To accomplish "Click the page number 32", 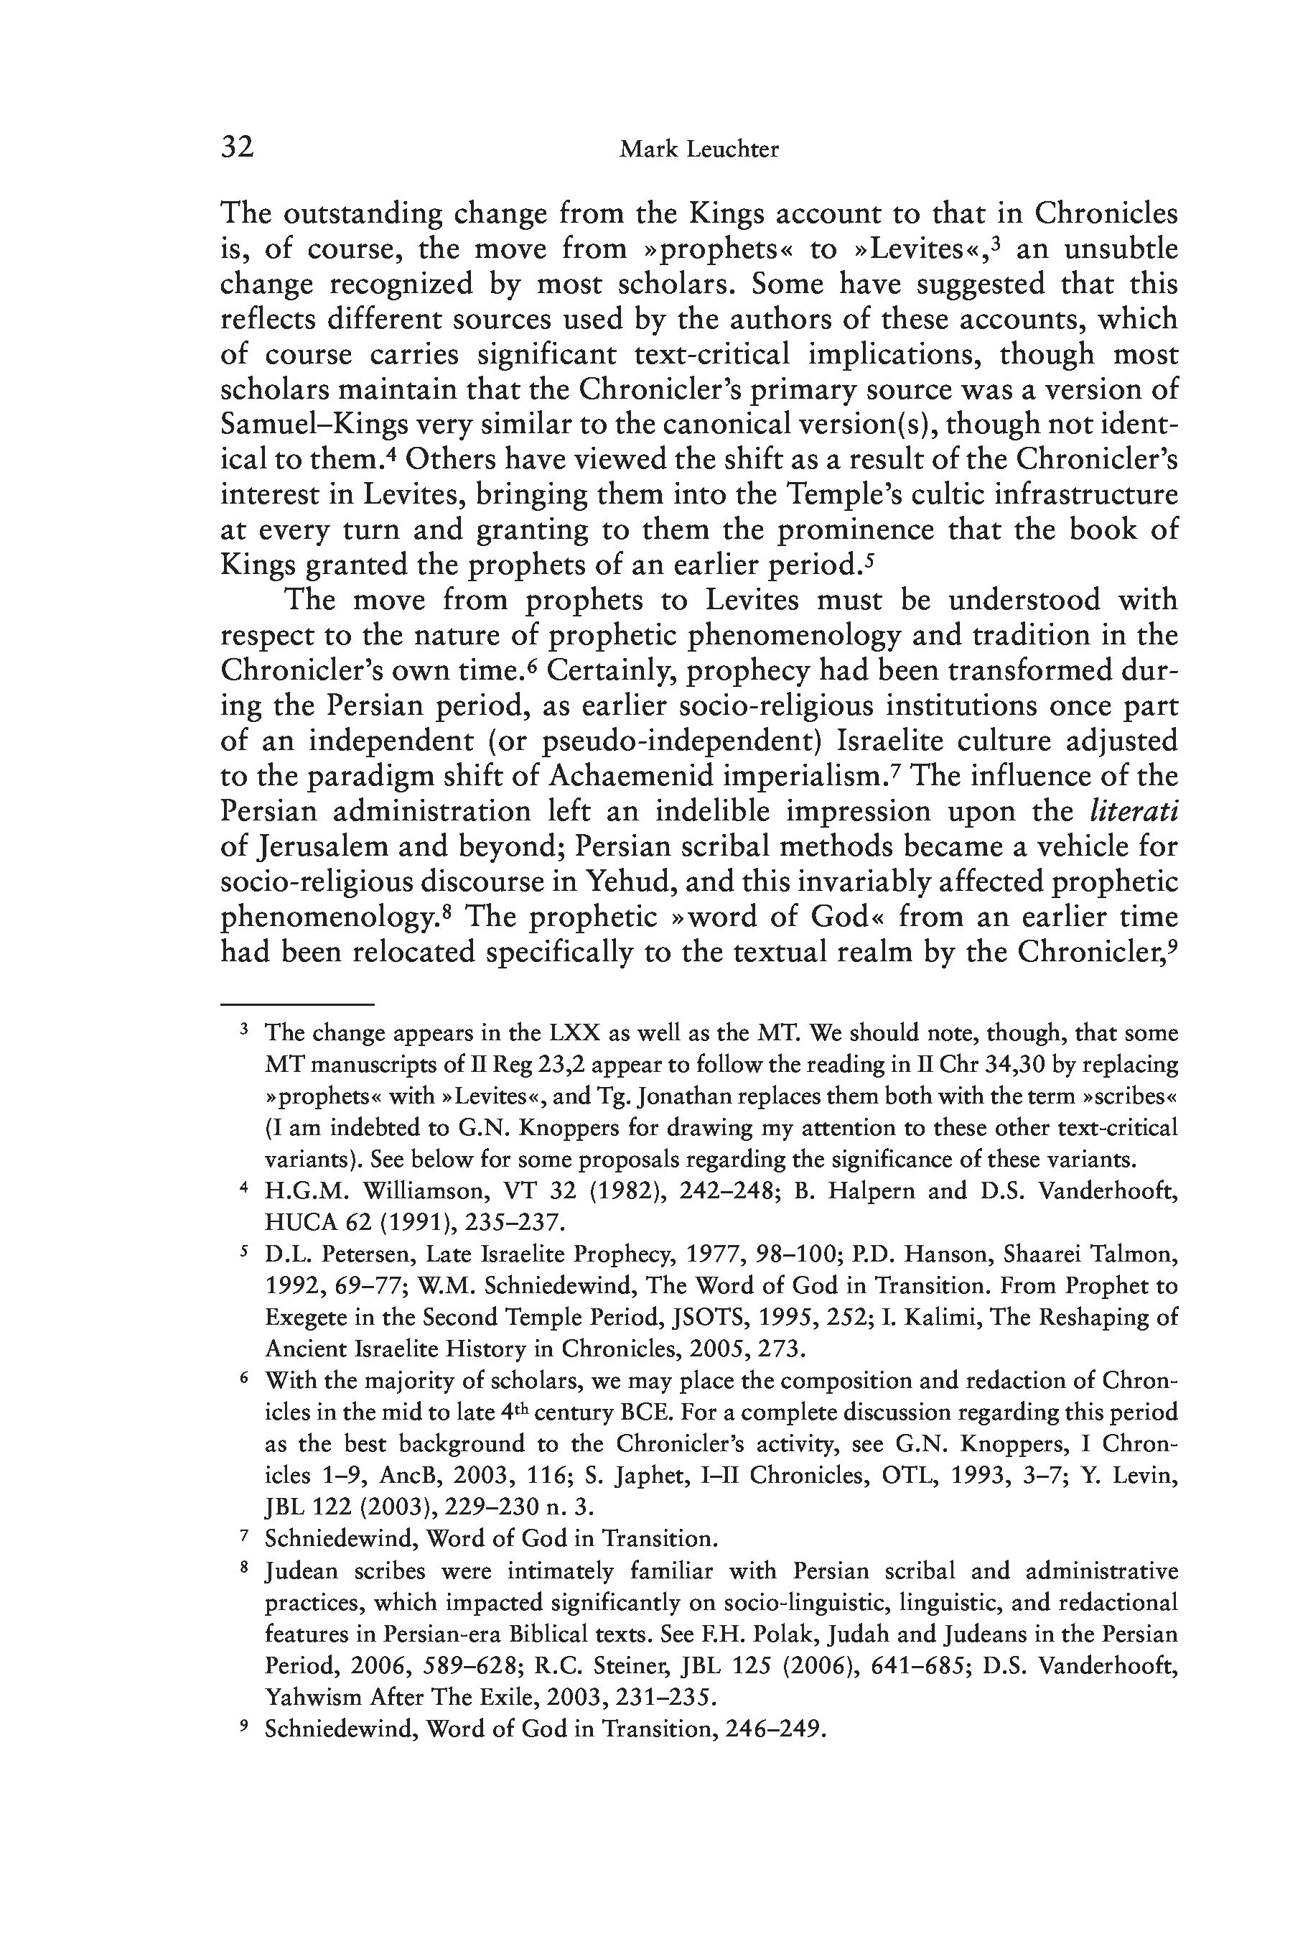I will tap(237, 147).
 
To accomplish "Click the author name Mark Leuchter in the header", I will tap(698, 150).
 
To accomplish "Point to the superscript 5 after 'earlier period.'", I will tap(869, 559).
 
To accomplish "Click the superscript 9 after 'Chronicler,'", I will tap(1173, 946).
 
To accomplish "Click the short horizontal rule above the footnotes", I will tap(296, 1004).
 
